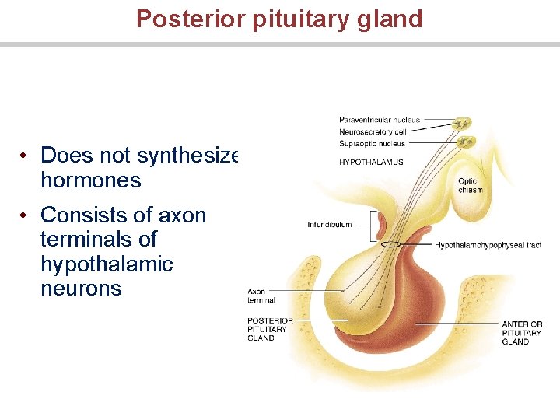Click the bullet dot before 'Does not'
(26, 156)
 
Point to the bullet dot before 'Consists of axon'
(26, 215)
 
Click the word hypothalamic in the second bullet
(107, 264)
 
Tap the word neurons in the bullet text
(81, 289)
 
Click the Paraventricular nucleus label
(379, 120)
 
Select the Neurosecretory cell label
(373, 131)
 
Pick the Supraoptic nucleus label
(373, 143)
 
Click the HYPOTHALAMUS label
(371, 162)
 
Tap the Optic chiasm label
(469, 186)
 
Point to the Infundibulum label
(329, 225)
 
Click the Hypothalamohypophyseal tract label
(488, 245)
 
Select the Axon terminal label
(261, 296)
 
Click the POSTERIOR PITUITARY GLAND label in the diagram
(269, 329)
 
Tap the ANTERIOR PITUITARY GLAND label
(521, 333)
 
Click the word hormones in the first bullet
(90, 180)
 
